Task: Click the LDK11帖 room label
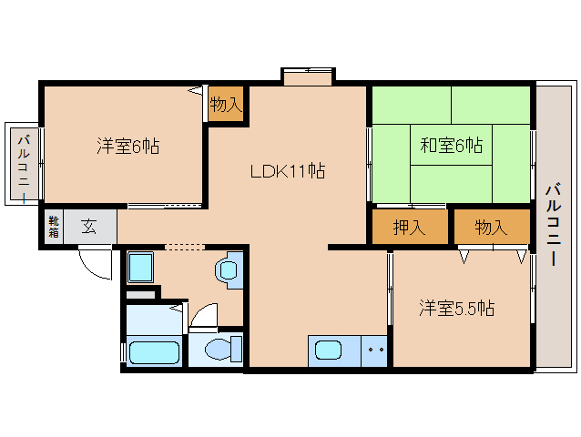pos(288,171)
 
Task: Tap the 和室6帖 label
pos(452,145)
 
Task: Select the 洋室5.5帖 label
pos(456,308)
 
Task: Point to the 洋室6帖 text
pos(128,146)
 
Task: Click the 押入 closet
pos(410,227)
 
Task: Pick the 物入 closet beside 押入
pos(492,227)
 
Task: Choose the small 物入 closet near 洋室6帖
pos(226,104)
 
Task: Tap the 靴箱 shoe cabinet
pos(54,227)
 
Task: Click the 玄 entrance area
pos(90,227)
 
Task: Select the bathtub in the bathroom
pos(154,351)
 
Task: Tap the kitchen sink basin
pos(328,351)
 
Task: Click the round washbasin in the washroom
pos(228,269)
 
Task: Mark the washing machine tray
pos(140,267)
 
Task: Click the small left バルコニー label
pos(24,164)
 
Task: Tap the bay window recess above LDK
pos(308,77)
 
